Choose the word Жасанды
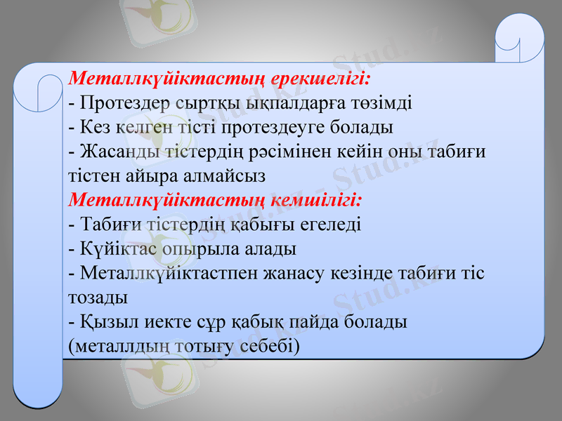[x=117, y=152]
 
